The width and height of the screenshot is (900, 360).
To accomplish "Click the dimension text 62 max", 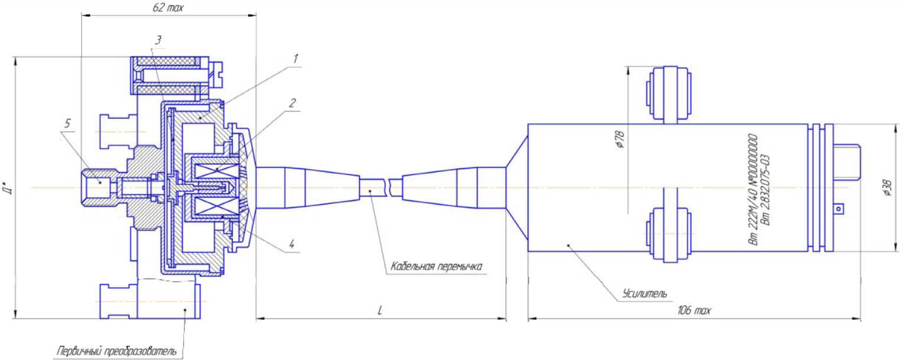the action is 168,8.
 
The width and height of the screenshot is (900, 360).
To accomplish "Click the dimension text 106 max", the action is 694,310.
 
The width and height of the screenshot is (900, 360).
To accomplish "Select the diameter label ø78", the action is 620,140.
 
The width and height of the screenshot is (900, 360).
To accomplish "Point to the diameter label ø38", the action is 888,187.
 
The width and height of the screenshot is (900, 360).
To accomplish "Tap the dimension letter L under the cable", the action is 380,310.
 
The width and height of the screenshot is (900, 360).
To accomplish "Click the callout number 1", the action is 295,59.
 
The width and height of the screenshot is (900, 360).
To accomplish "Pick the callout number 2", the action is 292,103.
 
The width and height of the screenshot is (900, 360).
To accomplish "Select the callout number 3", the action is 158,40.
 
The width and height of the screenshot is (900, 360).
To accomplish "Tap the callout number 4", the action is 292,244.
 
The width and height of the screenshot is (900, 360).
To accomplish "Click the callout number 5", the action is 67,124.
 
